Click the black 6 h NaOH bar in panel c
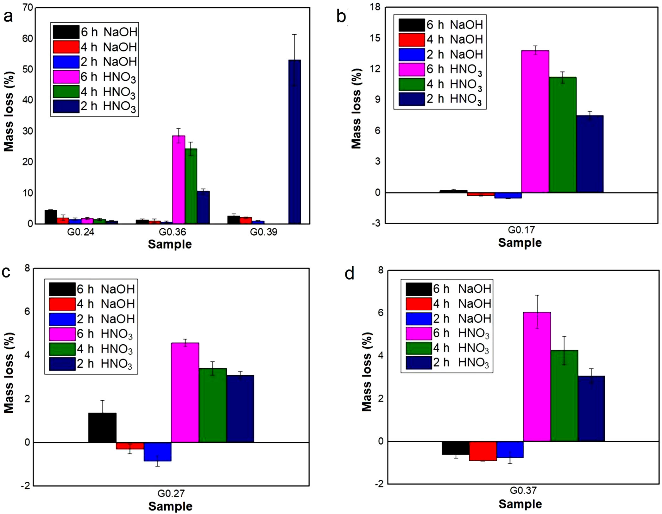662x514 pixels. click(x=102, y=428)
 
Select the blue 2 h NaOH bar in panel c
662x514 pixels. click(x=157, y=452)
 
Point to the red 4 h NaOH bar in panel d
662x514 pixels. click(x=483, y=451)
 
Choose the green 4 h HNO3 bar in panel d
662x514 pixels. click(x=564, y=396)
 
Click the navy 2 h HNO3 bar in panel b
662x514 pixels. click(x=589, y=154)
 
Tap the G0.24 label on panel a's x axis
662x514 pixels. click(x=81, y=232)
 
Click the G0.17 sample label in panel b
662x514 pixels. click(x=521, y=230)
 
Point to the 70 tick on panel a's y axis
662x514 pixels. click(x=28, y=8)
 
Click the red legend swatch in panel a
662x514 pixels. click(x=66, y=47)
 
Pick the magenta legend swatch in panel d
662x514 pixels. click(x=419, y=333)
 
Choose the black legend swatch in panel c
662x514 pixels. click(x=62, y=289)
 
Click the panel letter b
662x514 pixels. click(x=341, y=16)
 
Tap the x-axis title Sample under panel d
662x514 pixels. click(x=520, y=504)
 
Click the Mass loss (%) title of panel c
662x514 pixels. click(x=9, y=373)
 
